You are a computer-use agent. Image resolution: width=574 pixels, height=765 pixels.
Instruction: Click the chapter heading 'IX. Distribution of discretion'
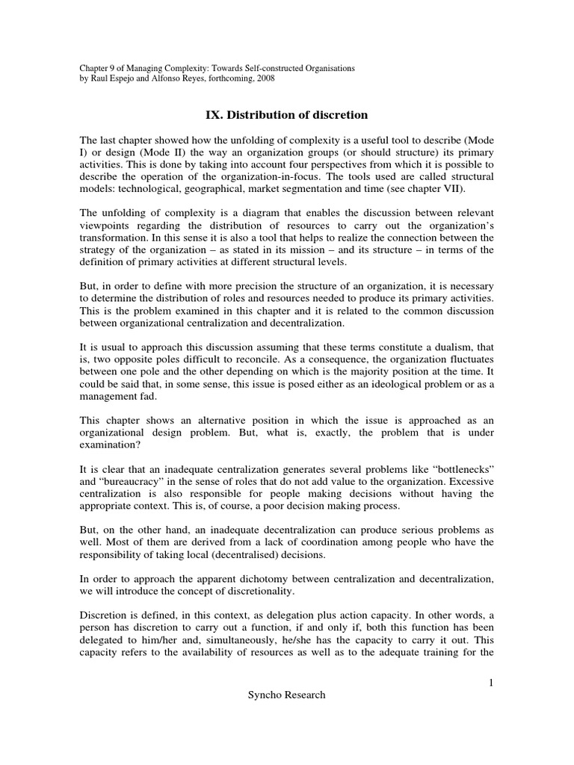pyautogui.click(x=286, y=114)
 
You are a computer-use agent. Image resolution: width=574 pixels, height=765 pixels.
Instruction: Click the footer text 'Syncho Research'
pyautogui.click(x=286, y=695)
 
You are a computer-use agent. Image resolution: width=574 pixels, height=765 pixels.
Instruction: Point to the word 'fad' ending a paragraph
pyautogui.click(x=173, y=396)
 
